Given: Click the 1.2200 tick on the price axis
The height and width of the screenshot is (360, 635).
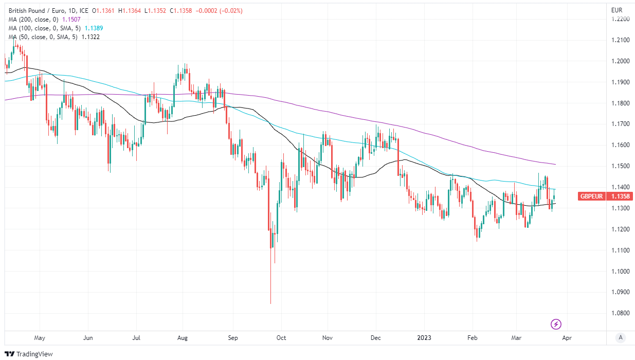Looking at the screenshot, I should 620,19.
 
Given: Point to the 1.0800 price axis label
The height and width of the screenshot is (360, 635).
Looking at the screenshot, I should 620,313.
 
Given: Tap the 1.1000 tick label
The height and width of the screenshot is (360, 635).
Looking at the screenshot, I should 620,271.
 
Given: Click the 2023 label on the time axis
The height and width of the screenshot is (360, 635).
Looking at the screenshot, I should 424,338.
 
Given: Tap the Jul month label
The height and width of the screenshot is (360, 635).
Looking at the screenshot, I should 137,338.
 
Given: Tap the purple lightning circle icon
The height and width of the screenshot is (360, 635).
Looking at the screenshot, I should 556,324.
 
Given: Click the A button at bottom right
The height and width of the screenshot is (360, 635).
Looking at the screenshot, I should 621,337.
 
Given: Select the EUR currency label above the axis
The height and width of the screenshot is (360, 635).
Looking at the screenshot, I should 617,10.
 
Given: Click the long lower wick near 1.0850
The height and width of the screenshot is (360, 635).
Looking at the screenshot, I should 270,288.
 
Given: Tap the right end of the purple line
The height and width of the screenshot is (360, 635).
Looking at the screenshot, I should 555,165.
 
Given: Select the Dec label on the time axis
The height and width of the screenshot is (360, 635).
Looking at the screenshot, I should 375,338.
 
